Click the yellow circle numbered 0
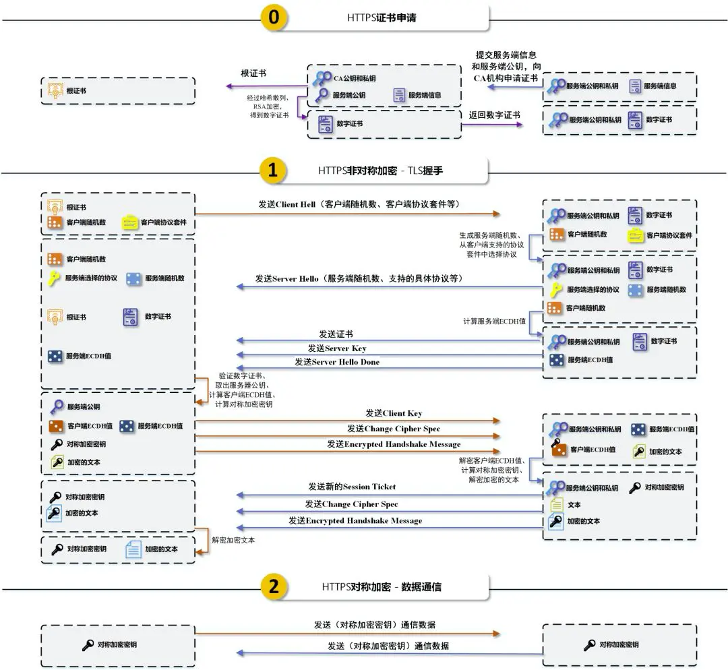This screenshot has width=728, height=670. click(273, 18)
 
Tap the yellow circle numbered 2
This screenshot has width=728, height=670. click(273, 586)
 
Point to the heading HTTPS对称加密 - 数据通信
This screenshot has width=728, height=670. click(381, 586)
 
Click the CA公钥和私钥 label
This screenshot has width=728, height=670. click(355, 78)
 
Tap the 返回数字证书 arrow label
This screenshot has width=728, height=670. click(494, 115)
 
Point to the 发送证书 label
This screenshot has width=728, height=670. click(336, 334)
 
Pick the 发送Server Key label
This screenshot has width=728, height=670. click(337, 348)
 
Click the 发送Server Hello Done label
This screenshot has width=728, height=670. click(337, 362)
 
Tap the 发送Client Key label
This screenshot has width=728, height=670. click(394, 413)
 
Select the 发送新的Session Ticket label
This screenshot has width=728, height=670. click(352, 487)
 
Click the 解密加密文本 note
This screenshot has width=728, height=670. click(233, 540)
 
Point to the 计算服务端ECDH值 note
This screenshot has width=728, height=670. click(494, 322)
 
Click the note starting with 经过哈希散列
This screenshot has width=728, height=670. click(269, 106)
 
